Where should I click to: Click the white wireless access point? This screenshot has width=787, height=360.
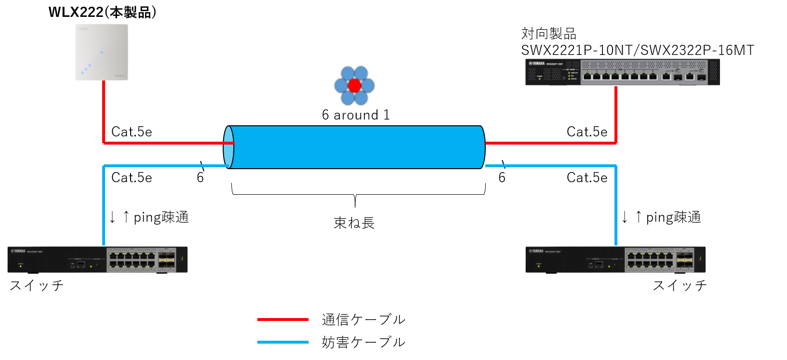pos(102,52)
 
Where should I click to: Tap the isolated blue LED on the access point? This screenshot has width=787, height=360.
pos(102,52)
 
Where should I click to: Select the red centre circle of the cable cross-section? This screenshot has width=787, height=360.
pos(354,86)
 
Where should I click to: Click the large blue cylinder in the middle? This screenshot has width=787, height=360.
pos(357,147)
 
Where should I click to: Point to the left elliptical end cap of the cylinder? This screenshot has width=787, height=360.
pos(229,147)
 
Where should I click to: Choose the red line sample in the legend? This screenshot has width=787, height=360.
pos(283,320)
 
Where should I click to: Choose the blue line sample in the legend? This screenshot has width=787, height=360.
pos(283,342)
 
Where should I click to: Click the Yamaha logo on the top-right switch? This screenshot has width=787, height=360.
pos(537,64)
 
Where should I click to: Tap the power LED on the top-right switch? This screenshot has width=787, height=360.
pos(540,79)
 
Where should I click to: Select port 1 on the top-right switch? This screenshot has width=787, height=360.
pos(587,76)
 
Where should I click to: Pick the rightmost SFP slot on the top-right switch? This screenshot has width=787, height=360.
pos(702,77)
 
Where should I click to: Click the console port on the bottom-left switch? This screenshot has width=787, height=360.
pos(80,264)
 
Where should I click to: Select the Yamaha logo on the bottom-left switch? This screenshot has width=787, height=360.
pos(18,251)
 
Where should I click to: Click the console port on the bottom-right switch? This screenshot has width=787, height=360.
pos(599,264)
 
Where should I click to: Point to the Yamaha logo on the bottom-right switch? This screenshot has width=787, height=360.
pos(536,251)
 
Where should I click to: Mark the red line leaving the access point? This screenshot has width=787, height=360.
pos(104,111)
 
